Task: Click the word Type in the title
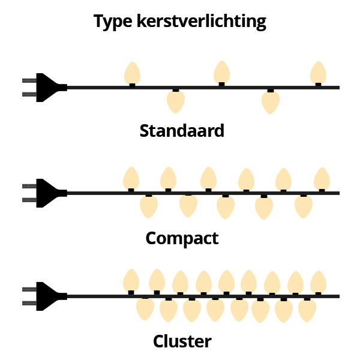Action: coord(113,22)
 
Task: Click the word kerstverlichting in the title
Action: coord(202,22)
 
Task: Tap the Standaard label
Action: coord(182,131)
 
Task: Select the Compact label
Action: coord(182,239)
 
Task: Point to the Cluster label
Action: coord(182,341)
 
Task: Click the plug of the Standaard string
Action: coord(46,88)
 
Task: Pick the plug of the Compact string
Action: coord(46,193)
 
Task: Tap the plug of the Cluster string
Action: coord(46,296)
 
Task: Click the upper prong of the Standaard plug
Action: coord(29,80)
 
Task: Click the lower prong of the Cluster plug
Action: coord(29,303)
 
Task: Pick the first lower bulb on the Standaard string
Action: coord(176,101)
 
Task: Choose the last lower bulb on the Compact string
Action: coord(304,206)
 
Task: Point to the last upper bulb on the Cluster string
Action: coord(318,282)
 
